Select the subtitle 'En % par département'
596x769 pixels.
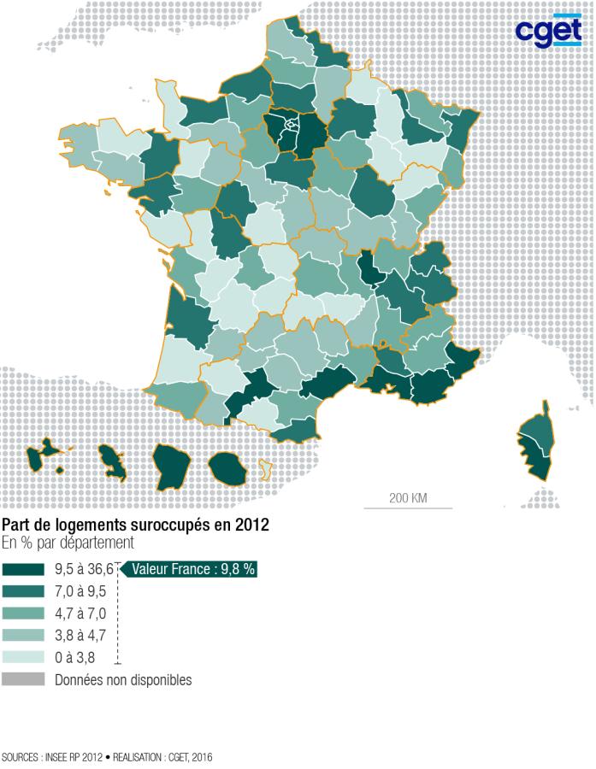pos(68,543)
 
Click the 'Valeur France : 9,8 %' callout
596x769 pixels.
pos(192,569)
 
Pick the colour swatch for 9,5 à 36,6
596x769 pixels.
pos(24,569)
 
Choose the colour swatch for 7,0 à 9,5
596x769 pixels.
pos(24,591)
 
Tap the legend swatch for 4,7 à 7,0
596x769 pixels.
pos(24,613)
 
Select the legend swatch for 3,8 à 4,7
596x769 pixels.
pos(24,636)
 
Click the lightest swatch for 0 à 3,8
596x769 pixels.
pos(24,658)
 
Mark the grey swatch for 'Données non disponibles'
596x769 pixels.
pos(24,680)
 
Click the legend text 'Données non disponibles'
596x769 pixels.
pos(123,680)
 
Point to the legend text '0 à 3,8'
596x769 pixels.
pos(76,658)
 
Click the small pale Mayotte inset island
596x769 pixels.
pos(265,468)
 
